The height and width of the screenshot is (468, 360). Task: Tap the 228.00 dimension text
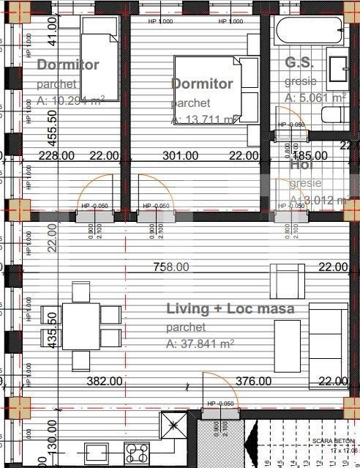click(57, 155)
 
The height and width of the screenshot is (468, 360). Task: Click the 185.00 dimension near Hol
click(310, 156)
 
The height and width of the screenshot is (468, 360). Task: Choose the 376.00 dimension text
click(254, 381)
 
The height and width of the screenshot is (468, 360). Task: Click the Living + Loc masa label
click(230, 309)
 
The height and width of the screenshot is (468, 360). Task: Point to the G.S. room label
click(299, 63)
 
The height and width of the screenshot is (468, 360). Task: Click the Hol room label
click(301, 166)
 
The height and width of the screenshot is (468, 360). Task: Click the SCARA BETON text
click(332, 441)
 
